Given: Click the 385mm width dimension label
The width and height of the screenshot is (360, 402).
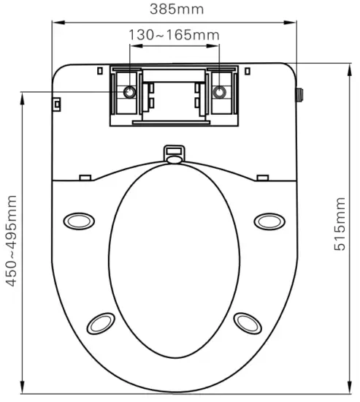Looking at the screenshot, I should [x=175, y=10].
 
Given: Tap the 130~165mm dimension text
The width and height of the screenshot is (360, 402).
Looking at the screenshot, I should [x=175, y=34].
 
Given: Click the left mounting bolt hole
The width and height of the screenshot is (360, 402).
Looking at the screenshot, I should [x=129, y=92].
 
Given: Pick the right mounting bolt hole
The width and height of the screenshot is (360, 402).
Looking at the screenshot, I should [x=219, y=92].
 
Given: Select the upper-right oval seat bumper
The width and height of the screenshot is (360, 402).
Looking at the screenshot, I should [x=269, y=220].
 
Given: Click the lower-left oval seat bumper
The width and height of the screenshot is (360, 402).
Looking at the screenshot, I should [x=100, y=322].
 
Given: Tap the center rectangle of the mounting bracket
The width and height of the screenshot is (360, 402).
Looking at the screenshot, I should [x=174, y=99].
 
